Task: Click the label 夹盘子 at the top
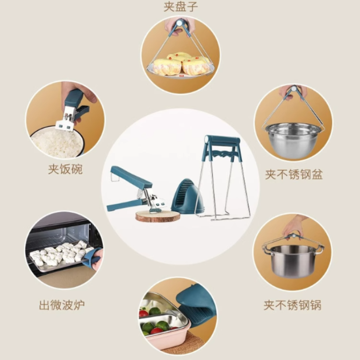point(181,6)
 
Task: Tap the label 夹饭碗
point(65,169)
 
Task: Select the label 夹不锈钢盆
point(294,175)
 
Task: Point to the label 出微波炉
point(62,305)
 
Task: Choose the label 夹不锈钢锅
point(292,305)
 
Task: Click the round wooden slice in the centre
point(157,217)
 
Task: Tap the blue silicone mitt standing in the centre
point(188,196)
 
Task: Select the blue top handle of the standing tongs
point(222,140)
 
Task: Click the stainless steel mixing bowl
point(293,141)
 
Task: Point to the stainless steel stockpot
point(292,261)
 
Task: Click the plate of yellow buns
point(181,66)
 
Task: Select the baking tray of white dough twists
point(61,256)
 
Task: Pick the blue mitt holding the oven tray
point(92,258)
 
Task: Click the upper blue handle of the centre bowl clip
point(131,176)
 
